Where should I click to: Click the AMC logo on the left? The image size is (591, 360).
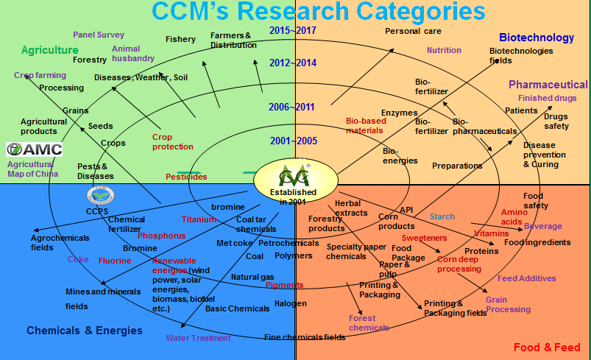tap(35, 149)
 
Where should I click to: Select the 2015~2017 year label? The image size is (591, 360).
tap(292, 30)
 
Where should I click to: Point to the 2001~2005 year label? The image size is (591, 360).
tap(292, 140)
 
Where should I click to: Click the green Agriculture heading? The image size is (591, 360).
tap(49, 50)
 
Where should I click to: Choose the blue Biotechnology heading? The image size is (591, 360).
tap(536, 38)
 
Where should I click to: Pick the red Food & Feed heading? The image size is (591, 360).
tap(547, 347)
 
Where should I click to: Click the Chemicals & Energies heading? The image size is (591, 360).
tap(85, 331)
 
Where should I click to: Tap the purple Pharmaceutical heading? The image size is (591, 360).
tap(548, 85)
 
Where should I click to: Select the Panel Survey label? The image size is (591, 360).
tap(99, 35)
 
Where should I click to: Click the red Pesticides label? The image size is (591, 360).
tap(186, 177)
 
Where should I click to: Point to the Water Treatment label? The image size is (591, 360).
tap(198, 338)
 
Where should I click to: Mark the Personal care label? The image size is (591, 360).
tap(413, 31)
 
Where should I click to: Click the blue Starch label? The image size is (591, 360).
tap(442, 216)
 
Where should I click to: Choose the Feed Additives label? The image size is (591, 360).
tap(526, 278)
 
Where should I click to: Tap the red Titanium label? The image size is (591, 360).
tap(199, 219)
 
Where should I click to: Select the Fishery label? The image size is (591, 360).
tap(180, 39)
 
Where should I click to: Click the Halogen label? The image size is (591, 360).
tap(290, 303)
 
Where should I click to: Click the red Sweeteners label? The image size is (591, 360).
tap(425, 239)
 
